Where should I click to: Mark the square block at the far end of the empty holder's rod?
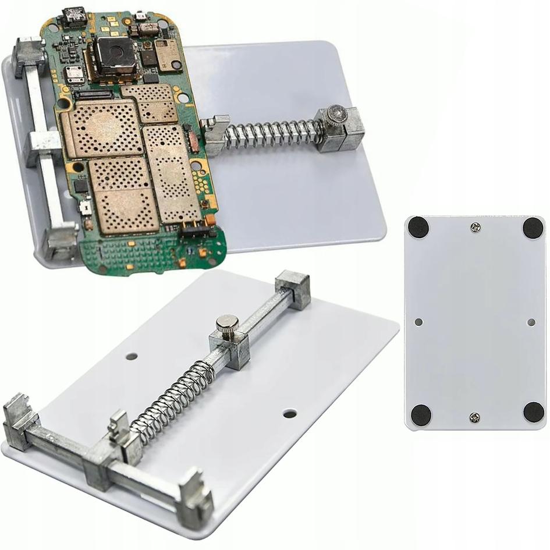(x=292, y=289)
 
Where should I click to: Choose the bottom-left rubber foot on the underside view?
(x=421, y=414)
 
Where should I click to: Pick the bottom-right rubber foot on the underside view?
(x=533, y=411)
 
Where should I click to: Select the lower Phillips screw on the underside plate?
(x=475, y=417)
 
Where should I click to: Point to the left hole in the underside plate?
(x=418, y=321)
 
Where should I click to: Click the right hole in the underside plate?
(x=531, y=321)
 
